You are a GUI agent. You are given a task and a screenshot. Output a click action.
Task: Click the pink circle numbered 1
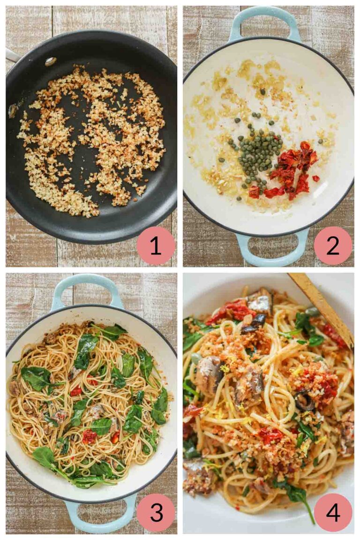pyautogui.click(x=155, y=246)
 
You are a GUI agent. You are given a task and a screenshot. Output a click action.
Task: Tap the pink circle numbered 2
pyautogui.click(x=333, y=246)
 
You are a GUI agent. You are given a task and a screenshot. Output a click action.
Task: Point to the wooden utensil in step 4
pyautogui.click(x=323, y=305)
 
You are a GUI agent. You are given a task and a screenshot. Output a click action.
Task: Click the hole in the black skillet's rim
pyautogui.click(x=50, y=61)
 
